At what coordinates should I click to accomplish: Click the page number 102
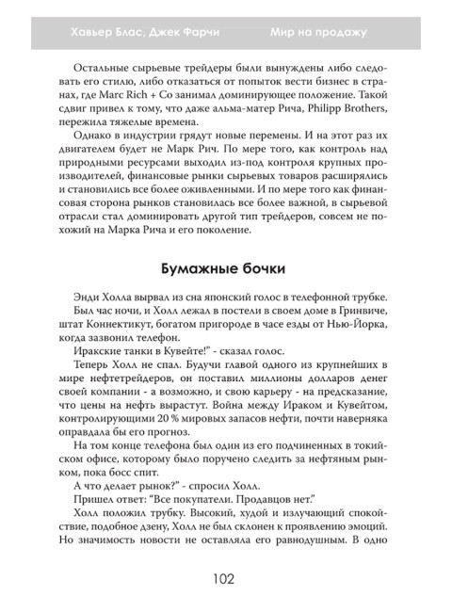225,581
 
